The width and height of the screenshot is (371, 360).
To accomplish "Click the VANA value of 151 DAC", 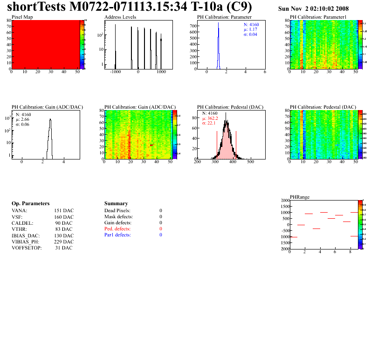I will tap(64, 211).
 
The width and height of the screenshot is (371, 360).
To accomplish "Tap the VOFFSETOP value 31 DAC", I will tap(64, 248).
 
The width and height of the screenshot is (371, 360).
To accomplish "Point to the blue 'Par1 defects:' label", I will tap(117, 235).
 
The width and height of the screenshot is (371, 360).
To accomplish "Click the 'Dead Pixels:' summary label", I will tap(118, 211).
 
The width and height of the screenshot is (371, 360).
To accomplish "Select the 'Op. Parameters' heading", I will tap(30, 204).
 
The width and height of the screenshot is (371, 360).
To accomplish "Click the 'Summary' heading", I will tap(116, 204).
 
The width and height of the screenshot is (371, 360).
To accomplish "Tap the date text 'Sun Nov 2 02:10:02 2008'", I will tap(313, 9).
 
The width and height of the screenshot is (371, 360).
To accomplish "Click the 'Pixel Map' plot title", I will tap(22, 17).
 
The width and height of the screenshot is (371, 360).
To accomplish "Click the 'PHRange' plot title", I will tap(299, 197).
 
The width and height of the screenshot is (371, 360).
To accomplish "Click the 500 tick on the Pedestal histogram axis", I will tap(250, 163).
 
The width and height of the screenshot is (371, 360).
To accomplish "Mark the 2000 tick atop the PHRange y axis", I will tap(284, 201).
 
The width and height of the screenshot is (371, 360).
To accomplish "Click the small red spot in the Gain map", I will tap(151, 145).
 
